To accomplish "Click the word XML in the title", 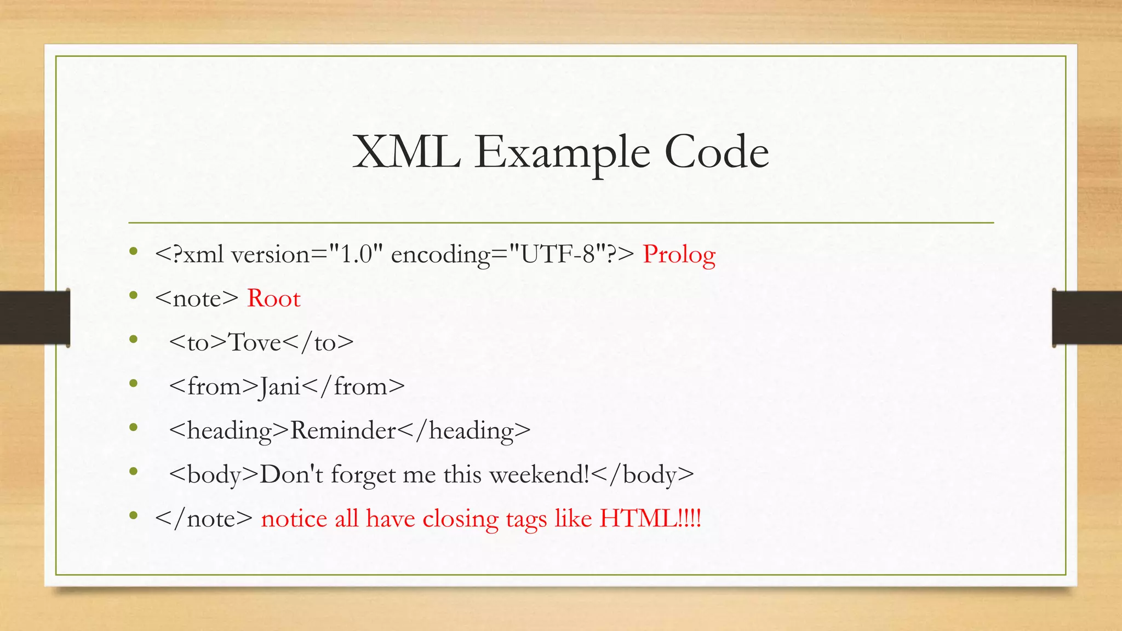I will (x=406, y=152).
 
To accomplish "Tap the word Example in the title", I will (x=562, y=153).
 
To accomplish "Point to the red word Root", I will (x=273, y=299).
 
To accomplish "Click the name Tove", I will (x=254, y=342).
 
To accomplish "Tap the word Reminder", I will (x=343, y=431).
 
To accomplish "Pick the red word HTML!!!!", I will (x=650, y=518).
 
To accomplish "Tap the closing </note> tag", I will (x=204, y=519).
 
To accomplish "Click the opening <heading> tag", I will (x=229, y=431).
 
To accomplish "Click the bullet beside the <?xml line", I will (x=133, y=252).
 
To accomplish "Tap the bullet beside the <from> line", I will (x=133, y=384).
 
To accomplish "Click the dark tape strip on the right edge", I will (x=1087, y=318).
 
